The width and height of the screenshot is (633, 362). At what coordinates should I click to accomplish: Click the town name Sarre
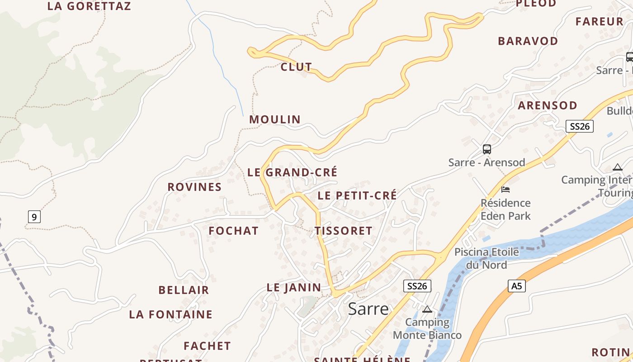tap(368, 309)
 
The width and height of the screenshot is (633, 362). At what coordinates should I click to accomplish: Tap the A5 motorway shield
tap(516, 286)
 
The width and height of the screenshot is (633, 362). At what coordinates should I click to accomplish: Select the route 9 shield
tap(34, 217)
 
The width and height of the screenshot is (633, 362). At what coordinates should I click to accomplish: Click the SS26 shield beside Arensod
tap(580, 126)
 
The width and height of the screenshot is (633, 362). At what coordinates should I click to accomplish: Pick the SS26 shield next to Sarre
tap(417, 286)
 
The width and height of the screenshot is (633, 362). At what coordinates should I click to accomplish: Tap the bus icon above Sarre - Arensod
tap(487, 149)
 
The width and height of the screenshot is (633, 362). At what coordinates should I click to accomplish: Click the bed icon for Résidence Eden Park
tap(505, 189)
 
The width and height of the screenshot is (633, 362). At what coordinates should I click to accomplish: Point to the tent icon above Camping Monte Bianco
tap(427, 310)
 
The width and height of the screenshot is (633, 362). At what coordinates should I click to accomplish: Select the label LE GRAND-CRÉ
tap(292, 172)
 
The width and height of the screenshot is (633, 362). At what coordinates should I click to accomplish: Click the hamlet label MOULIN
tap(275, 119)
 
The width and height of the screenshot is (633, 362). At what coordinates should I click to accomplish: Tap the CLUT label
tap(296, 67)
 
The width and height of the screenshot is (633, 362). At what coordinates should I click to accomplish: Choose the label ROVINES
tap(194, 187)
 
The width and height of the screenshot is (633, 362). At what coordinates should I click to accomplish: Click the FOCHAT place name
tap(233, 231)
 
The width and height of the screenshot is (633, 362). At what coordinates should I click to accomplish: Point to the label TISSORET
tap(344, 231)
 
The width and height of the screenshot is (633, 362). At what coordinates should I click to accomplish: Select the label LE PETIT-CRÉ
tap(357, 195)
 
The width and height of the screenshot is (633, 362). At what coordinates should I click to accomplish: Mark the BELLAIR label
tap(184, 290)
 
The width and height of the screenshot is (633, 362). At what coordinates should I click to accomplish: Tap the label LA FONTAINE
tap(170, 314)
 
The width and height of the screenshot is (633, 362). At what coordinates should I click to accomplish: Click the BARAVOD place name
tap(528, 41)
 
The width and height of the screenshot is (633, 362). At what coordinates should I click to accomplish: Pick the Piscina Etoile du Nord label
tap(487, 258)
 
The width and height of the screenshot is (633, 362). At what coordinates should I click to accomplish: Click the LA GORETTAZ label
tap(89, 6)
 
